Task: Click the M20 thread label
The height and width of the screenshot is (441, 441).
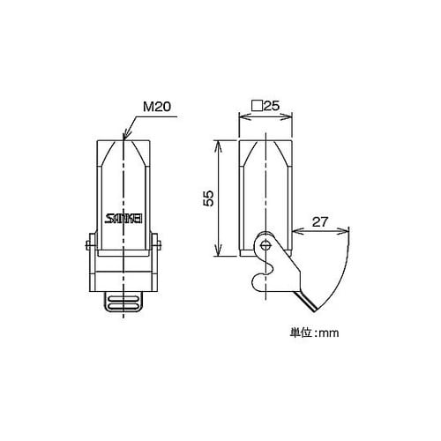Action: click(157, 107)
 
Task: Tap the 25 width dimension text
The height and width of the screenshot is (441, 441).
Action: click(271, 106)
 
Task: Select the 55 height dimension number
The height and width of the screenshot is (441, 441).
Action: click(208, 198)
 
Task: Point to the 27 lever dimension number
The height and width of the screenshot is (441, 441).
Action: click(320, 222)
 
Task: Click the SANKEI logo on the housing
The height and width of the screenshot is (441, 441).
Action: click(123, 219)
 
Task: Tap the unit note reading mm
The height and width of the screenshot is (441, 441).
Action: click(329, 333)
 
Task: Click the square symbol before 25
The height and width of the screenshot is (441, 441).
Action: click(257, 106)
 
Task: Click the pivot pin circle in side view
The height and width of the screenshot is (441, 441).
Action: click(265, 244)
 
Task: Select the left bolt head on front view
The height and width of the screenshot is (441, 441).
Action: click(88, 245)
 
